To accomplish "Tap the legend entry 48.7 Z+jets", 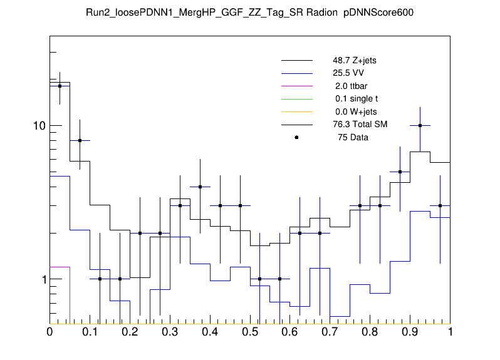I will [354, 61].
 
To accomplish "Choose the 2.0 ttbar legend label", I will [347, 86].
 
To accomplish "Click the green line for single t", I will [296, 99].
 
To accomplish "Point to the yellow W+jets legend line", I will [296, 111].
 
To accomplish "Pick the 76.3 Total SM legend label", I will [360, 125].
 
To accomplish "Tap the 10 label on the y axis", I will [38, 126].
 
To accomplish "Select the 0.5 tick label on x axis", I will [249, 332].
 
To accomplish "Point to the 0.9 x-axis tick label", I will [410, 332].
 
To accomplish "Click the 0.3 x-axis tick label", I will [169, 332].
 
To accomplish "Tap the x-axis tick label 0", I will [49, 332].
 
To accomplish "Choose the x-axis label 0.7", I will [330, 332].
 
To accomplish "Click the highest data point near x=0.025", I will [60, 86].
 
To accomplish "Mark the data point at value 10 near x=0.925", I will [420, 125].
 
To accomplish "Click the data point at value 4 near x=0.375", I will [200, 187].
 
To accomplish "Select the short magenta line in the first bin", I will [60, 267].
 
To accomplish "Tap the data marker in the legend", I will [296, 137].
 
